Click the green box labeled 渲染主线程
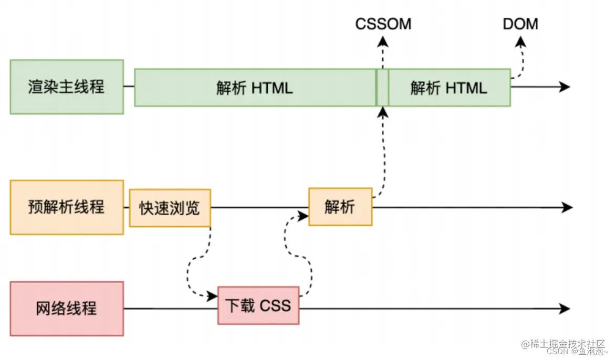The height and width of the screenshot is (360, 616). pos(67,87)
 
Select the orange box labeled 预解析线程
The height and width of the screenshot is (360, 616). pos(67,207)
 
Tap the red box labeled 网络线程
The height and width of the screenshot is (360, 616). pos(67,308)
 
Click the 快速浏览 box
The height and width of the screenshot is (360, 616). pos(170,208)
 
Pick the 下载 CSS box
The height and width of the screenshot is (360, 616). pos(258,305)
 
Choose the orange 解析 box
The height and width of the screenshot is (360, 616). pos(340,207)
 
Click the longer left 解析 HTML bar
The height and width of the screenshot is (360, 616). pos(255,88)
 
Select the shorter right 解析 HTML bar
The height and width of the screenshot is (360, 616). pos(449,88)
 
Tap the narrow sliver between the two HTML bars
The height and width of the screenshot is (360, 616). pos(382,88)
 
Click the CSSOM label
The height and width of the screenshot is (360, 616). pos(383,24)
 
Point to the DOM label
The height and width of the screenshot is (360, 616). pos(520,24)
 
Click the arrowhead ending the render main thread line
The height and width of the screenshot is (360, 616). pos(565,87)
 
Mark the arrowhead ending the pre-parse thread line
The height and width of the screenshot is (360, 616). pos(567,208)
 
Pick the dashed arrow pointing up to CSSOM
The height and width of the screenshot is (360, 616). pos(383,52)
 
